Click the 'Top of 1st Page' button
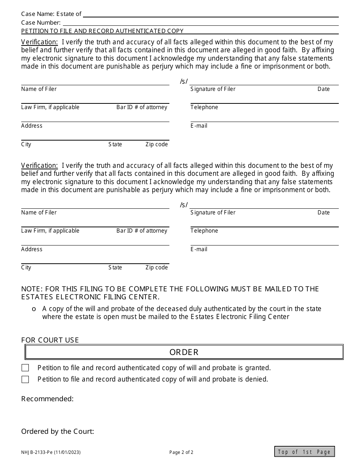(x=305, y=452)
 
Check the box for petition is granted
(x=25, y=368)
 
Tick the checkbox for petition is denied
(x=25, y=379)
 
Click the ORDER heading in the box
(x=184, y=352)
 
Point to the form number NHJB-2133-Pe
(x=51, y=452)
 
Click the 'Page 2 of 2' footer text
(x=181, y=452)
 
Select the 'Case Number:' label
(x=41, y=23)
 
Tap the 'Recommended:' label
(x=47, y=399)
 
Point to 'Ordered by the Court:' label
(x=58, y=432)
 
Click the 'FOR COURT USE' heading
(x=50, y=340)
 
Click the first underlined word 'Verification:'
(x=39, y=42)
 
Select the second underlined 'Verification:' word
(x=39, y=166)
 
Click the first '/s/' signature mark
(x=184, y=81)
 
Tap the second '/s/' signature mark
(x=184, y=205)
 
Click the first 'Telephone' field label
(x=204, y=107)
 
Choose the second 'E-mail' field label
(x=199, y=249)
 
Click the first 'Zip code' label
(x=157, y=144)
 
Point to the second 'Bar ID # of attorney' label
(x=142, y=231)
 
